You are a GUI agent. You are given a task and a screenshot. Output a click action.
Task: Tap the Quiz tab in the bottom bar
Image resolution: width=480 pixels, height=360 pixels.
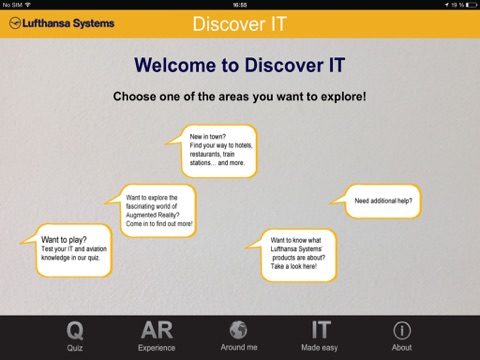(75, 336)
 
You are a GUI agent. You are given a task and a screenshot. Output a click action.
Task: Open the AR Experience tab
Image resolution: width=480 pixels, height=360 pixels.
(157, 336)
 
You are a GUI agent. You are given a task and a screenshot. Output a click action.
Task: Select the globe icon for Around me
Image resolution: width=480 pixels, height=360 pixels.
(238, 330)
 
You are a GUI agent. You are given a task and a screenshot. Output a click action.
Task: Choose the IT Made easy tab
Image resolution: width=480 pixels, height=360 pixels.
(320, 336)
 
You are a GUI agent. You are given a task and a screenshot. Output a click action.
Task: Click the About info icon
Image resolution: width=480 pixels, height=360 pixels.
(402, 330)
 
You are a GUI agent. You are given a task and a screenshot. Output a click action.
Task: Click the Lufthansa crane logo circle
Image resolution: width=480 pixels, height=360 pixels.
(15, 23)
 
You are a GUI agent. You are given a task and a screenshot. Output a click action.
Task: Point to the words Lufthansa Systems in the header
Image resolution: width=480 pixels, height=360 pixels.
(68, 23)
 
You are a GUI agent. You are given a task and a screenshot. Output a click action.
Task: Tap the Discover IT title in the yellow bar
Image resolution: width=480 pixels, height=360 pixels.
(240, 24)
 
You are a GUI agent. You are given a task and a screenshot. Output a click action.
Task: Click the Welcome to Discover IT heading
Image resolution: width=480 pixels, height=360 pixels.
(240, 65)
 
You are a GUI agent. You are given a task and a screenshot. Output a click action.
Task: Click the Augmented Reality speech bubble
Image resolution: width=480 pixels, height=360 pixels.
(151, 211)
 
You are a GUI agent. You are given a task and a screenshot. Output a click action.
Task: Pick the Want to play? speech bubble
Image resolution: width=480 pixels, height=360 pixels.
(66, 250)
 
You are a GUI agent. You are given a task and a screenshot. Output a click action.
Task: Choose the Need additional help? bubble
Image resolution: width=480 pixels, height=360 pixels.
(376, 201)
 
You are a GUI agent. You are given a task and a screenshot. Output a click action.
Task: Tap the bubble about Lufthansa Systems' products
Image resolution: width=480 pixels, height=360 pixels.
(291, 255)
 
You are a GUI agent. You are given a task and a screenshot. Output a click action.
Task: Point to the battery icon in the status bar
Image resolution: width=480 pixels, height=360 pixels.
(471, 5)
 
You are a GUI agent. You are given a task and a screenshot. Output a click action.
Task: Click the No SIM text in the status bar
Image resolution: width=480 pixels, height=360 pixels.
(12, 5)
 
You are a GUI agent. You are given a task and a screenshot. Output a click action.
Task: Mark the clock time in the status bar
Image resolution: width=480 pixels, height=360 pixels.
(240, 5)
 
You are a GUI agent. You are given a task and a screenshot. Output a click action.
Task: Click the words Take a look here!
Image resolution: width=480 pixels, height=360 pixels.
(294, 266)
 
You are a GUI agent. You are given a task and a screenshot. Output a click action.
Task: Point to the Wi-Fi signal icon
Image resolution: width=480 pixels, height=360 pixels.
(28, 4)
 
